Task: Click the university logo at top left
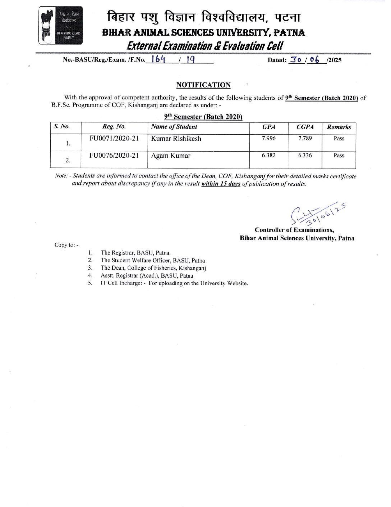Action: tap(60, 25)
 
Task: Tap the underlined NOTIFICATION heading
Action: tap(203, 85)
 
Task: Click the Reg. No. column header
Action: tap(114, 126)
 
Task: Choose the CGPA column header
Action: tap(305, 127)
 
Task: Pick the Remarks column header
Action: tap(339, 127)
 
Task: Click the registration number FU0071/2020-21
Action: tap(114, 138)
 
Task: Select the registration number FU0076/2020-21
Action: tap(114, 156)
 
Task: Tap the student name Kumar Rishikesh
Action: tap(176, 139)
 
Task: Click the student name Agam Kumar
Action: tap(171, 156)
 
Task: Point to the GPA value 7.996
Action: tap(268, 138)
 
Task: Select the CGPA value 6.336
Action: tap(305, 156)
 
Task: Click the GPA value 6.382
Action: tap(268, 156)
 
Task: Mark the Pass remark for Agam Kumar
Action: tap(339, 156)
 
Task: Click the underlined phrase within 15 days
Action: tap(221, 184)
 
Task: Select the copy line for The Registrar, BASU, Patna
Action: tap(135, 253)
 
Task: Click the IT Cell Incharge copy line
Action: tap(174, 283)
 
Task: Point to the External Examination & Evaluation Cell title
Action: tap(205, 46)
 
